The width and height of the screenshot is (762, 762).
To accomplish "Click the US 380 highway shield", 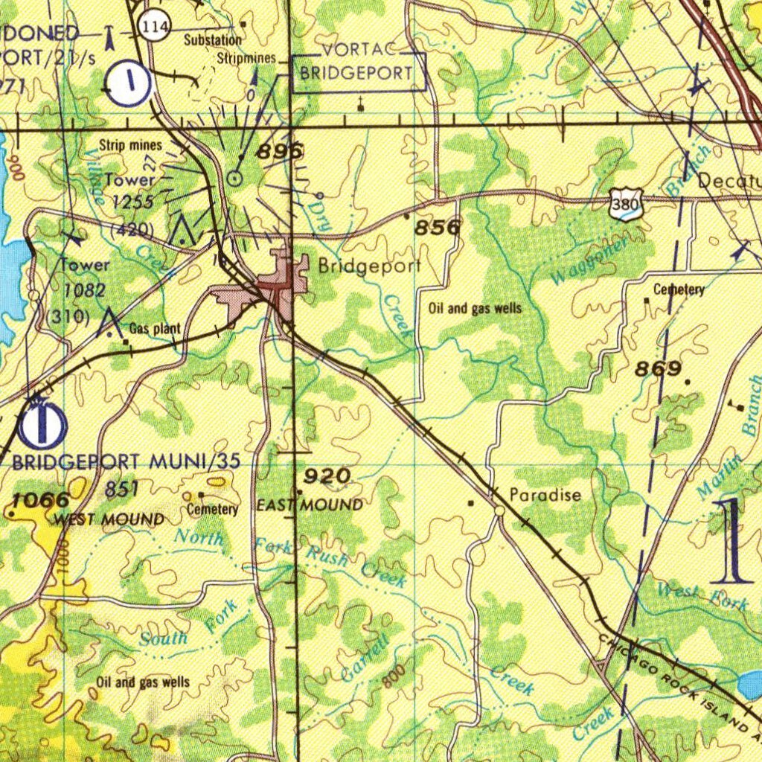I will pos(624,204).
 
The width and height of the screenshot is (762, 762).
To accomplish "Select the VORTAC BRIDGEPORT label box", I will pos(357,72).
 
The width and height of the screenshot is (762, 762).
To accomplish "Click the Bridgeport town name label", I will pos(369,266).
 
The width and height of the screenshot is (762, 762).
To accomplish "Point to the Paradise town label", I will pos(545,495).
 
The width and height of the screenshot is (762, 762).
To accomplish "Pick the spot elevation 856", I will pos(437,228).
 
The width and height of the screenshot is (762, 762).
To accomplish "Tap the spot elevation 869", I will pos(658,369).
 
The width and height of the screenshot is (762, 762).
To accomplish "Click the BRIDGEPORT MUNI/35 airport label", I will pos(127,461).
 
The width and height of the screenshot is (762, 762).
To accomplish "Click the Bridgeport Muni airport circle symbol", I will pos(42,425).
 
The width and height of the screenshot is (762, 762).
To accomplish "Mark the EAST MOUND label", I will pos(310,506).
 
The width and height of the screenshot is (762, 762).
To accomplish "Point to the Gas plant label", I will pos(155,329).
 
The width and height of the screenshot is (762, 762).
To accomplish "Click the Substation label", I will pos(213,40).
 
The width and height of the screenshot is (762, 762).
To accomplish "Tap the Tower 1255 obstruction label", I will pos(131,190).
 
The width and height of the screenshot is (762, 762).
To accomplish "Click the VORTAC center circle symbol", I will pos(234,178).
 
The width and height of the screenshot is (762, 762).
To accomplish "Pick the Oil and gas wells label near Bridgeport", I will pos(475,308).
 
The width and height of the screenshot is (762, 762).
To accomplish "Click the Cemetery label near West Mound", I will pos(212,510).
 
